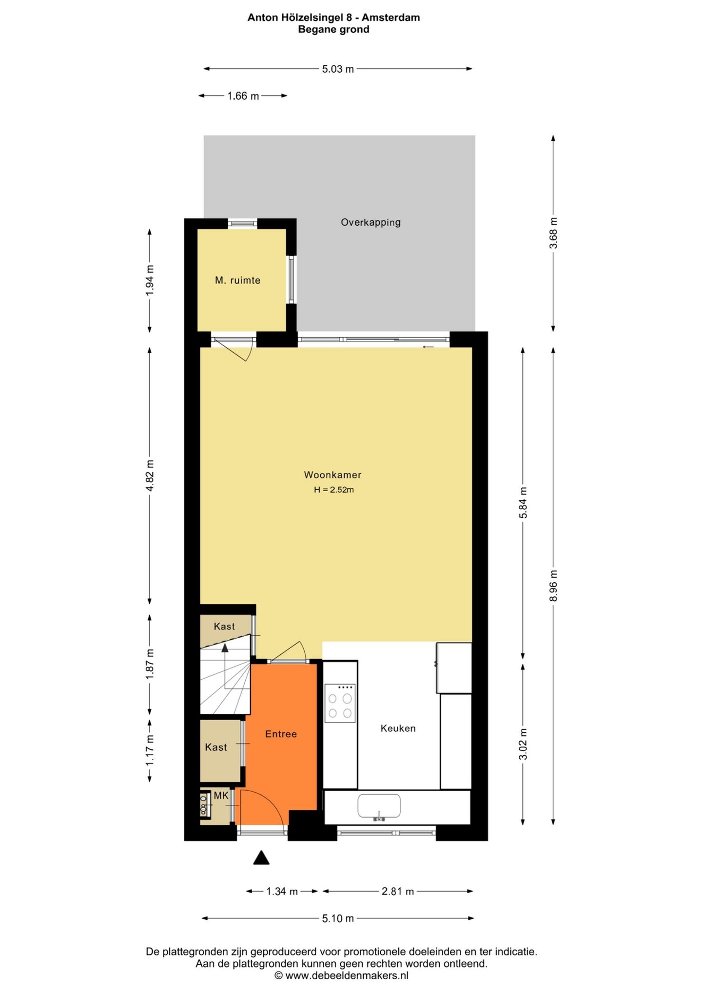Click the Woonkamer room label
332,475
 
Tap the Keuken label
398,728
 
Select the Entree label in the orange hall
281,734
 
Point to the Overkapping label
370,222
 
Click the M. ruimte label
237,280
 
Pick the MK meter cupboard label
221,796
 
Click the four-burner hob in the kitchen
340,703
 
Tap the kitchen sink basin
379,806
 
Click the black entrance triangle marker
261,858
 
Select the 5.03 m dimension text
338,69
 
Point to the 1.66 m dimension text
243,96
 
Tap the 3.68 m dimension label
553,232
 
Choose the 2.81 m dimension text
397,892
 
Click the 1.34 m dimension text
282,892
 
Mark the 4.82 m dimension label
150,475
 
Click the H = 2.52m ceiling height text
333,490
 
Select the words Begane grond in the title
333,29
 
